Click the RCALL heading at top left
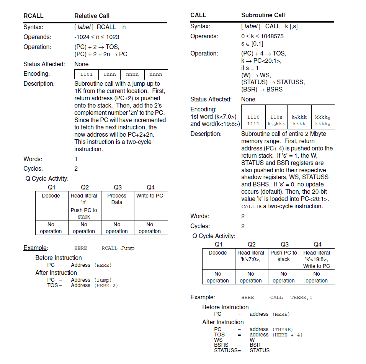33,16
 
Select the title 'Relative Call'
92,16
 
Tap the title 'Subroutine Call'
263,15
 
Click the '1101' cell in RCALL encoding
86,74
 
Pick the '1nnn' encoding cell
109,74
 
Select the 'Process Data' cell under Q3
117,199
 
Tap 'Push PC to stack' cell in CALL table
284,256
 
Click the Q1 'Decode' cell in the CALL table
217,253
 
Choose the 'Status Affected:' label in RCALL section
44,64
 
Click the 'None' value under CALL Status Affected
248,99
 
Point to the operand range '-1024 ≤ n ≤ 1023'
96,37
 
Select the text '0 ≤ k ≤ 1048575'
262,36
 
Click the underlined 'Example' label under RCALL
35,248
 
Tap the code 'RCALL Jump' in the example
118,248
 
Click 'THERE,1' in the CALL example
301,297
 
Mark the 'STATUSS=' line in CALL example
227,350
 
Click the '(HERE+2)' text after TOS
106,285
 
